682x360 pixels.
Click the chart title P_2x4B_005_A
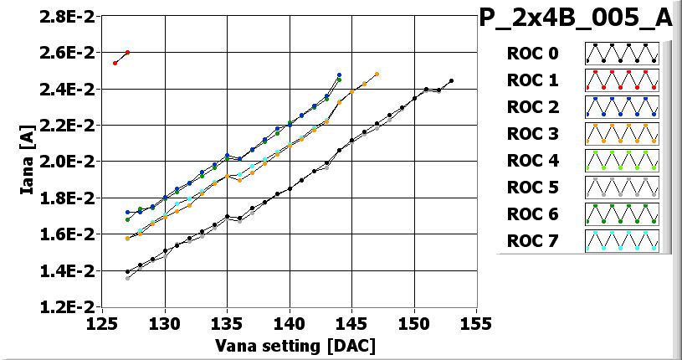578,18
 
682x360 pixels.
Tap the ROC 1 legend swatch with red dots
622,80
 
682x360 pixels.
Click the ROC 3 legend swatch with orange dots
622,134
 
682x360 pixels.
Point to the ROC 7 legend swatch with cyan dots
622,241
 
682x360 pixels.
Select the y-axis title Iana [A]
26,161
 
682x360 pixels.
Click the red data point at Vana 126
115,63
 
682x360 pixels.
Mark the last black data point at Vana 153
451,81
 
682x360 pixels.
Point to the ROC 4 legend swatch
622,161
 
